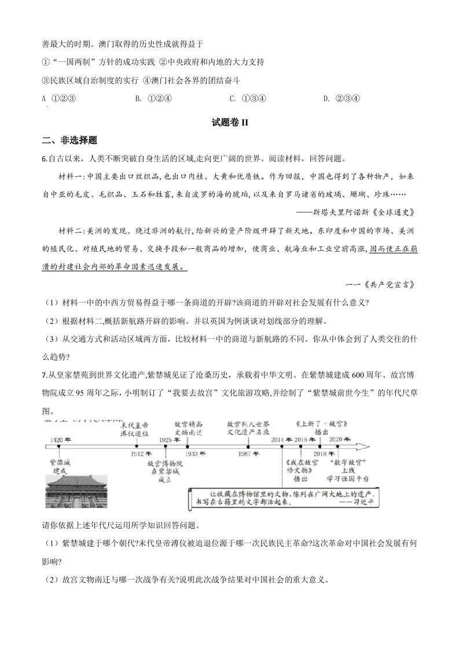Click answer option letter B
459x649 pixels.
pos(138,98)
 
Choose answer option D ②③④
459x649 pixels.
pos(342,98)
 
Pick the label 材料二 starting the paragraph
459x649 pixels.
pos(74,230)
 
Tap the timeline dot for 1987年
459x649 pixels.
pos(248,447)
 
